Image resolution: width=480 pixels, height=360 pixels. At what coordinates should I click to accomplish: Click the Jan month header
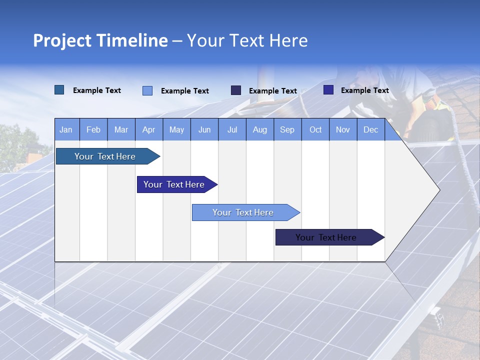(x=66, y=130)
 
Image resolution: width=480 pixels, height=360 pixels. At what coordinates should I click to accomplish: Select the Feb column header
(x=93, y=130)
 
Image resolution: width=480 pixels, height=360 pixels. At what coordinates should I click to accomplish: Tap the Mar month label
(x=121, y=130)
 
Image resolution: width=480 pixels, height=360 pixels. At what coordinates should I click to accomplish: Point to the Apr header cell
(x=149, y=130)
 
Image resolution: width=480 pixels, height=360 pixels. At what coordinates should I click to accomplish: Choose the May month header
(x=176, y=130)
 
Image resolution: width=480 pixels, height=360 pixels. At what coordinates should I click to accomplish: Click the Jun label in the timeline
(x=204, y=130)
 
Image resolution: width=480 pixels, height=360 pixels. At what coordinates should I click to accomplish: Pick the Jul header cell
(x=232, y=130)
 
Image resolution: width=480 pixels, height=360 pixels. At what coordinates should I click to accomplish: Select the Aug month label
(x=260, y=130)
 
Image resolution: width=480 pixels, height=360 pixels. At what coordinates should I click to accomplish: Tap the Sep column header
(x=287, y=130)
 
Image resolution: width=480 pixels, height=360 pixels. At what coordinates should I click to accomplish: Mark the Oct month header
(x=315, y=130)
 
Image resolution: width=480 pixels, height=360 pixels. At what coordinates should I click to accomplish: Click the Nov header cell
(x=343, y=130)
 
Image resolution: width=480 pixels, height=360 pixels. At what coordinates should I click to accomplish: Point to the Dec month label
(x=371, y=130)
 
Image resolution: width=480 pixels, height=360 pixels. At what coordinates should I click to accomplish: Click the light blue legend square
(x=147, y=90)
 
